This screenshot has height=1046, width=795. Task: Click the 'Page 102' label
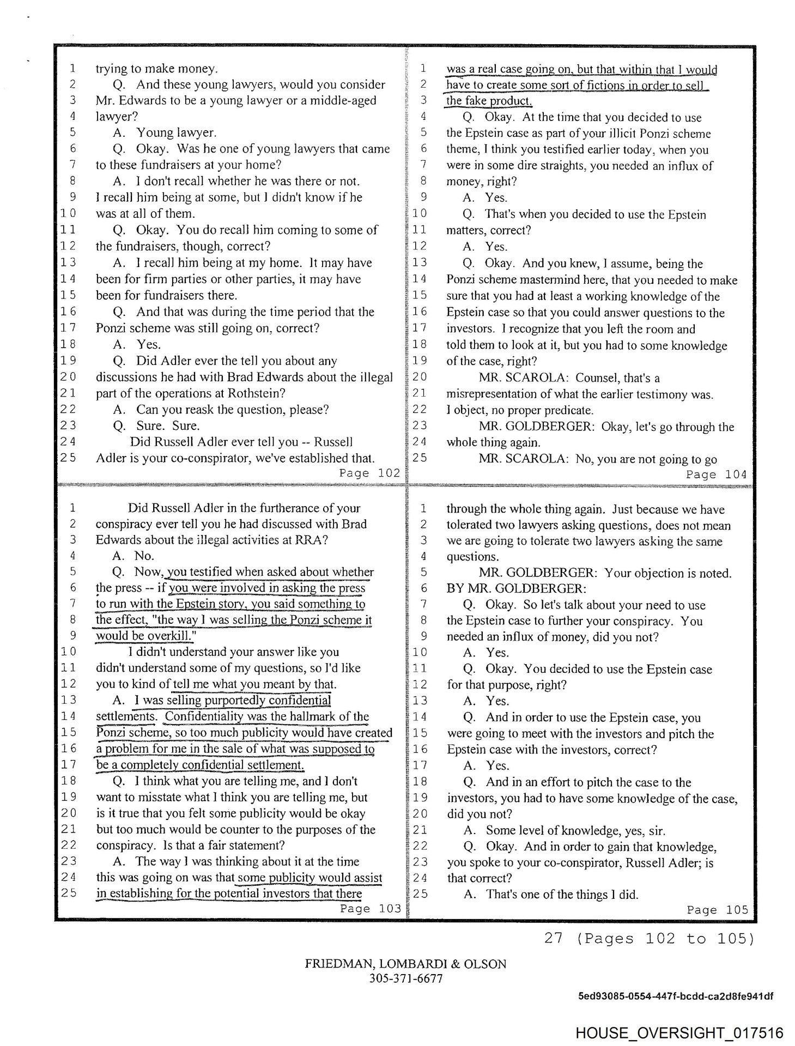(369, 473)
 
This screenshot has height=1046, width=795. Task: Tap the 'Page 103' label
(370, 908)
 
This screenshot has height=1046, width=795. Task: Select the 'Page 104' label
(716, 474)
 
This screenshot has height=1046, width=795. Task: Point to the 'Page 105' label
(717, 909)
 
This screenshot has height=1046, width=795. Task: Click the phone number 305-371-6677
(405, 977)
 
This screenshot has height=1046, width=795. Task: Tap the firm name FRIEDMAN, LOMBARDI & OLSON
(405, 964)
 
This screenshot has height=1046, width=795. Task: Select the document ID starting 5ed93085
(675, 996)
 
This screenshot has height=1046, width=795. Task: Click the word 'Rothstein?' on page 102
(259, 393)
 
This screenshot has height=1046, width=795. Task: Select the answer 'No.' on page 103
(144, 556)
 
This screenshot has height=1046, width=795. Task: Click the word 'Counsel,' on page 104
(600, 378)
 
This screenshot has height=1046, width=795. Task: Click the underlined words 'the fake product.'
(489, 101)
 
